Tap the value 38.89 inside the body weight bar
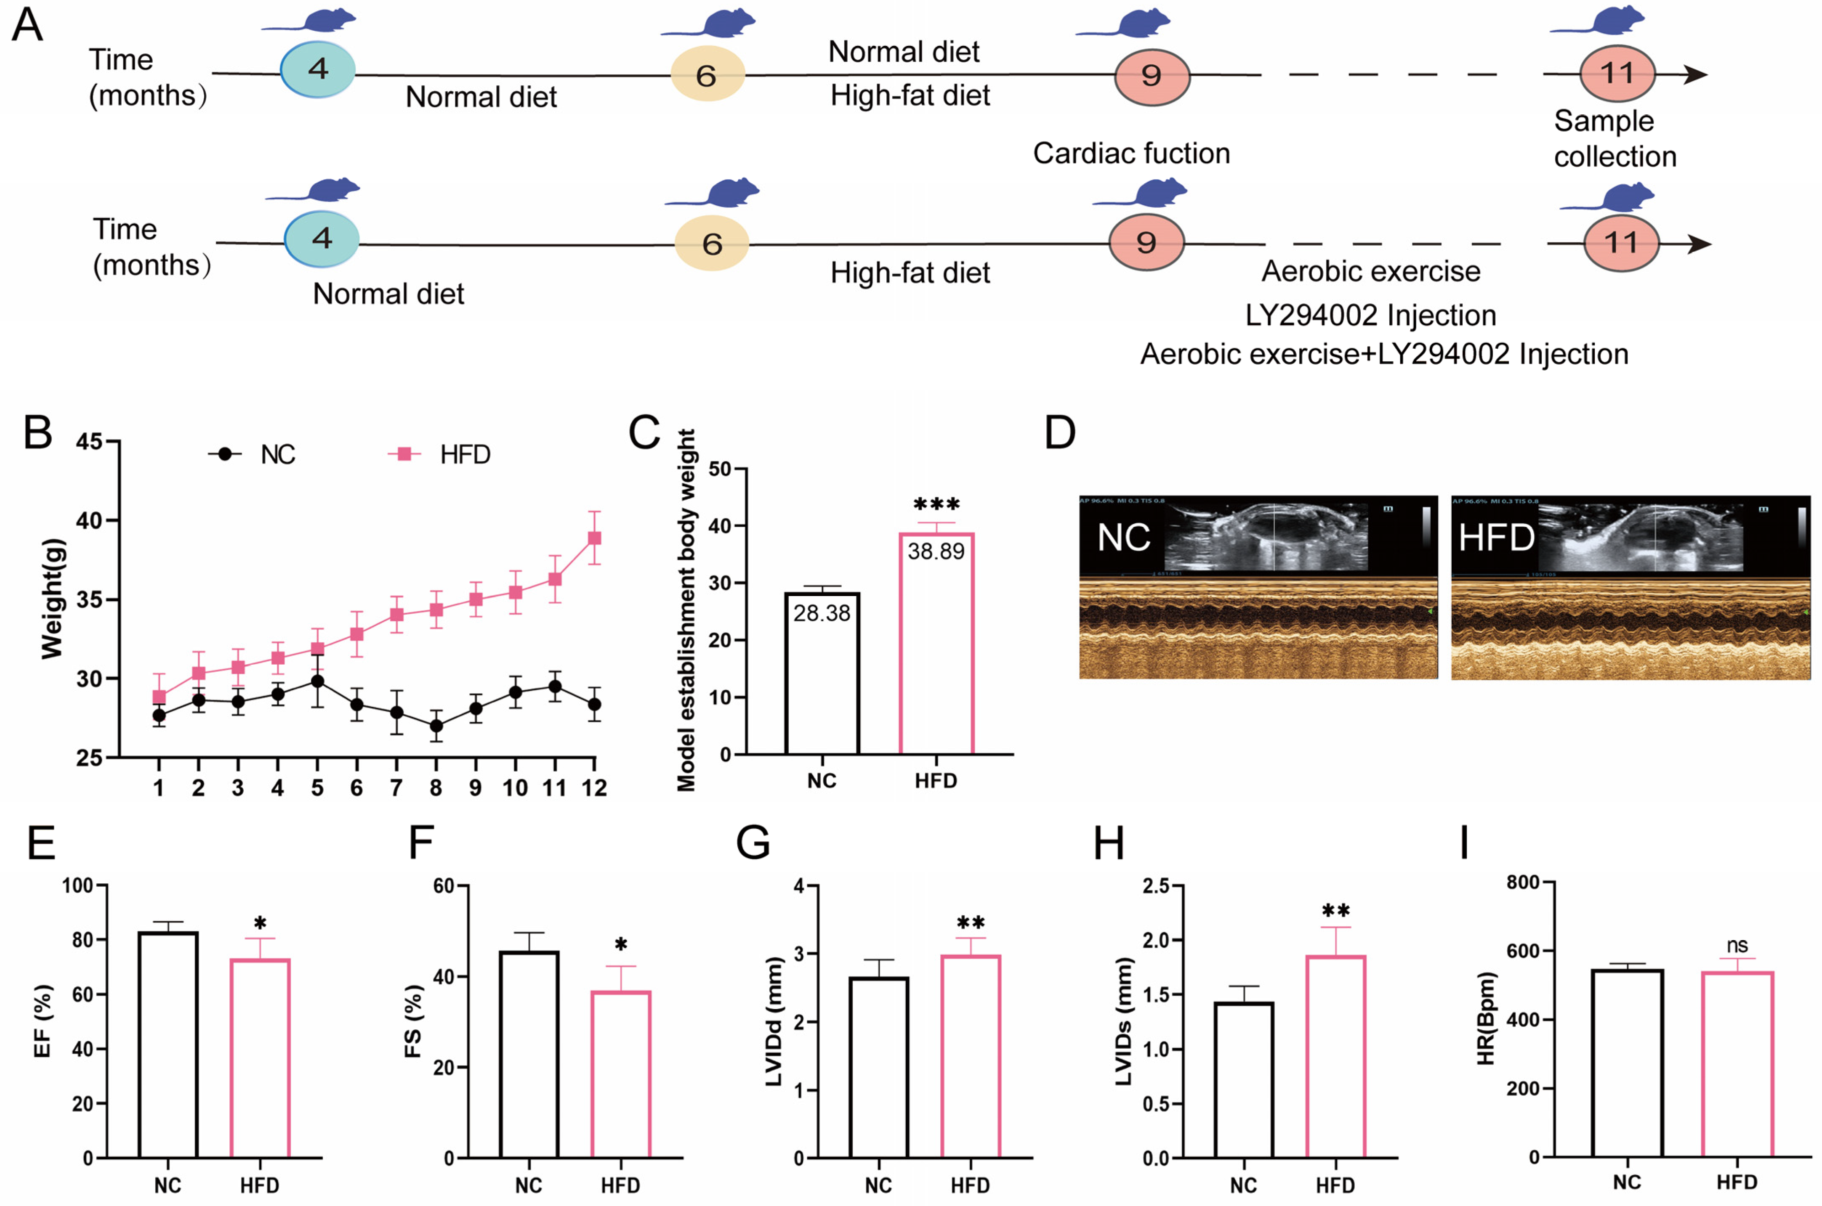pyautogui.click(x=936, y=551)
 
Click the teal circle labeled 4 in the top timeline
pyautogui.click(x=318, y=69)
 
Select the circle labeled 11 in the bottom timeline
pyautogui.click(x=1620, y=243)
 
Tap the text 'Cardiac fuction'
pyautogui.click(x=1131, y=153)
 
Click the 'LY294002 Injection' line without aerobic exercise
pyautogui.click(x=1370, y=315)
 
